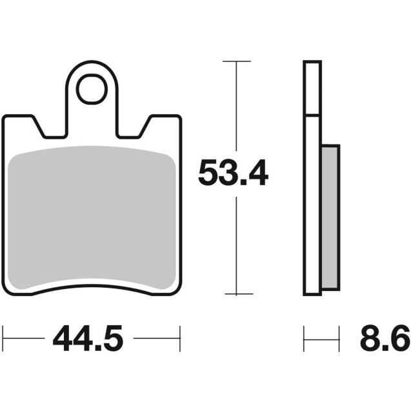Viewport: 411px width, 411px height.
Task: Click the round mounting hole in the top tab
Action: point(92,90)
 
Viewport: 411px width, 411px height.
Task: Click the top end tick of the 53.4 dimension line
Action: point(237,61)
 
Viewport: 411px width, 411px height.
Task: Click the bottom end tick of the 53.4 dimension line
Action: point(237,294)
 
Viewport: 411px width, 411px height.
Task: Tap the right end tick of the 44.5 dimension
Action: point(180,337)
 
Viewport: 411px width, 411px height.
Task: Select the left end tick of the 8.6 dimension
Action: point(304,337)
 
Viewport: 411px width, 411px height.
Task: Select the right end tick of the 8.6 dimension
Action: point(339,337)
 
